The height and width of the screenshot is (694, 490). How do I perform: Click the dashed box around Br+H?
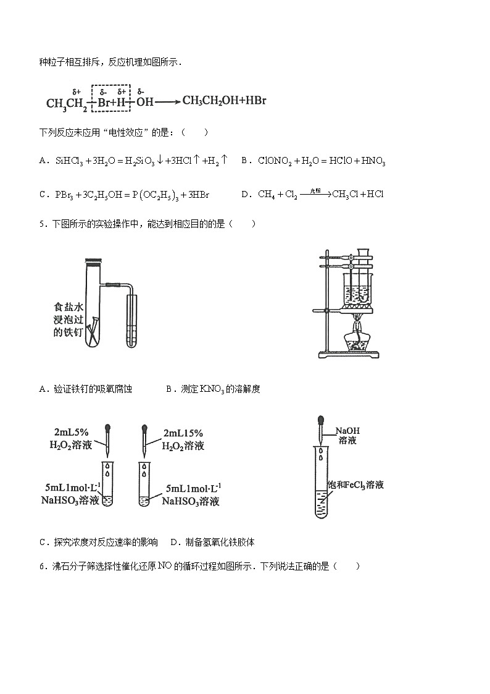[111, 98]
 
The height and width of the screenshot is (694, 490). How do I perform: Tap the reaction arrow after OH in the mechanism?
[167, 101]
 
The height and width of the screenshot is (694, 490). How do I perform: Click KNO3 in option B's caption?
[212, 389]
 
